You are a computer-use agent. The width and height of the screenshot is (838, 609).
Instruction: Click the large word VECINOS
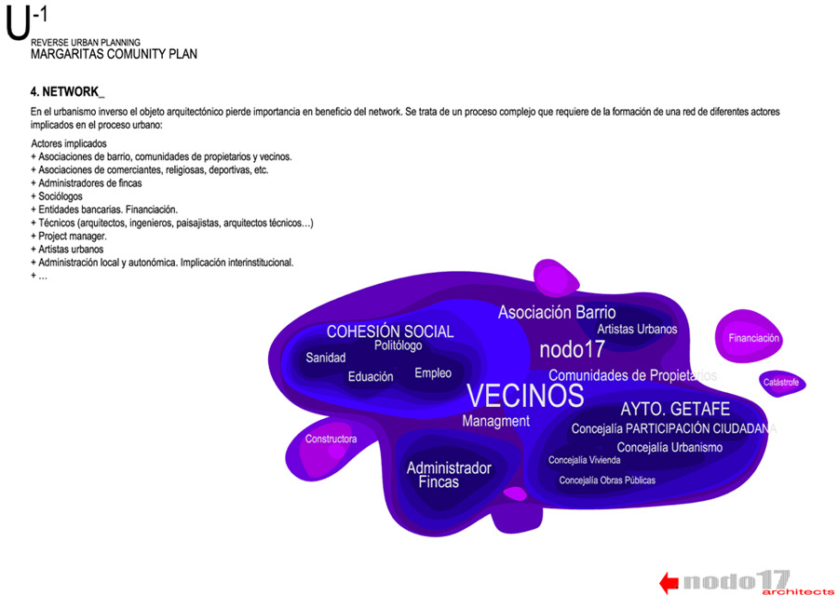(x=525, y=396)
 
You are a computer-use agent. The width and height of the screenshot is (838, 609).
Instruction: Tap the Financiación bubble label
(x=753, y=338)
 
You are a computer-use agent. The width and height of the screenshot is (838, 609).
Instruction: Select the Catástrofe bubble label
(x=780, y=383)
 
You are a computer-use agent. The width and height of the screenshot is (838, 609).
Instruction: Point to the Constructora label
(x=331, y=439)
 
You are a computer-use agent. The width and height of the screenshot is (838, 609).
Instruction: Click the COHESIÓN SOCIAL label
(x=390, y=332)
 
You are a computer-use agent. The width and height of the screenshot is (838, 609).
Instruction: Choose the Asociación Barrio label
(x=557, y=313)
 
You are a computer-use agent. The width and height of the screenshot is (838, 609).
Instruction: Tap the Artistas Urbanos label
(x=637, y=329)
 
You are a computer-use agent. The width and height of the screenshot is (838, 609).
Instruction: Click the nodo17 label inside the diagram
(x=572, y=350)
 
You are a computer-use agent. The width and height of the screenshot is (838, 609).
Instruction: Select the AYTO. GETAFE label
(x=675, y=410)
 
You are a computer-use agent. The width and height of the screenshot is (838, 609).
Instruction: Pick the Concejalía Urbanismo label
(x=669, y=448)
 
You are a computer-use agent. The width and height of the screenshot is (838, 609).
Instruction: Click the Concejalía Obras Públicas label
(x=607, y=480)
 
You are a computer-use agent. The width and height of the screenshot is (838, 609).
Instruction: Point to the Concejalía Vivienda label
(x=584, y=460)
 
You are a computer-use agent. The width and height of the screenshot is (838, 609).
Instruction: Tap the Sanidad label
(x=326, y=358)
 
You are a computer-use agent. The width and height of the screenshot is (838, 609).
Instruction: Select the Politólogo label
(x=398, y=345)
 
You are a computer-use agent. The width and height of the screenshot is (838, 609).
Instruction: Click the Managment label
(x=495, y=421)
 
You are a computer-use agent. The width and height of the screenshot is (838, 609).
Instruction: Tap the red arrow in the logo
(x=668, y=583)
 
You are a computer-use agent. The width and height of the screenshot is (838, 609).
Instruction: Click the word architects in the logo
(x=797, y=592)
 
